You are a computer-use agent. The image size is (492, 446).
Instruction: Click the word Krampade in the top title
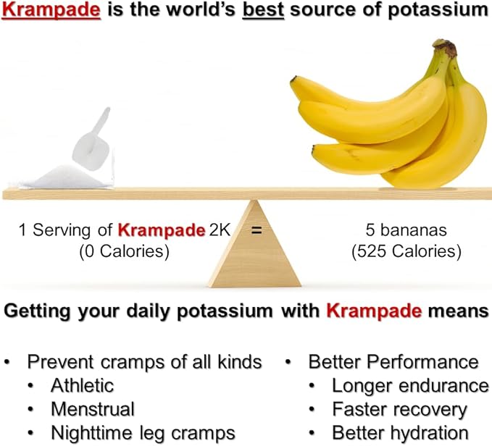[x=43, y=12]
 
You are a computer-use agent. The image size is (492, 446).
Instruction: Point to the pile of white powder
[x=65, y=177]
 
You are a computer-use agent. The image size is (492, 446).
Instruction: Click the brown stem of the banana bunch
[x=446, y=51]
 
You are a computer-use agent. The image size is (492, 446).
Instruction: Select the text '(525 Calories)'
[x=406, y=252]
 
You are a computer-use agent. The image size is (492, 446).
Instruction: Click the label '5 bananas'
[x=406, y=232]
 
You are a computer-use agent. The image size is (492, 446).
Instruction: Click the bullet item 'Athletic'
[x=82, y=385]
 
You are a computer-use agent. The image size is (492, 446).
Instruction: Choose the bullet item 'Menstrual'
[x=92, y=408]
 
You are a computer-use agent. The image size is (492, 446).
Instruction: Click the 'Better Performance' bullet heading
[x=393, y=361]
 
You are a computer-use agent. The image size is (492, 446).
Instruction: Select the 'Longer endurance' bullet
[x=410, y=385]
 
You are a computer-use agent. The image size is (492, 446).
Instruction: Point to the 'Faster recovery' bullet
[x=399, y=408]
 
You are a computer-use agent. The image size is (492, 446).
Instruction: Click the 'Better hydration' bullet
[x=399, y=432]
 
